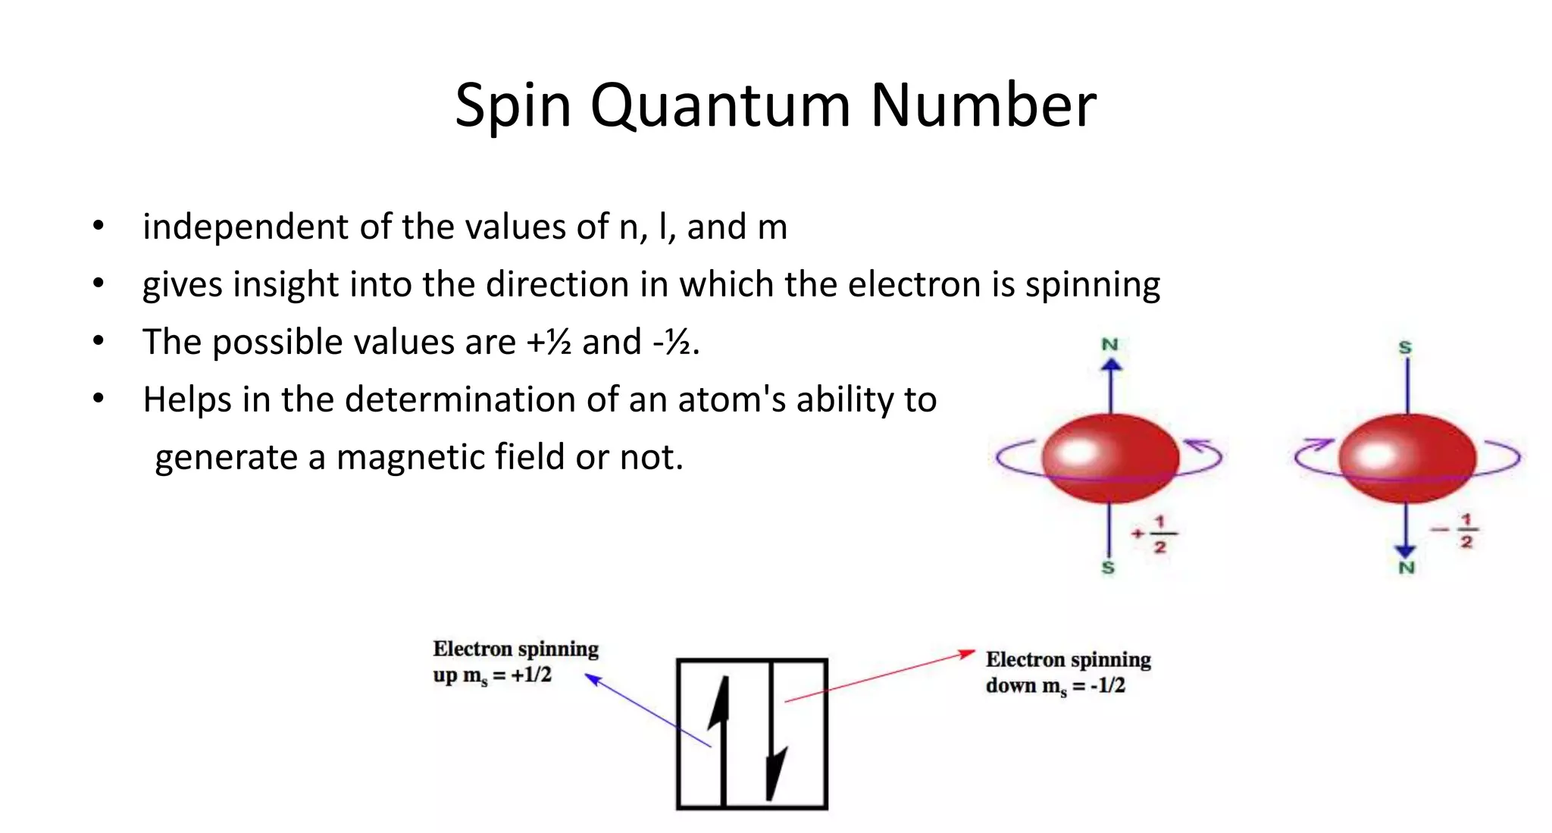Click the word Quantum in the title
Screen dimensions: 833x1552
click(x=720, y=106)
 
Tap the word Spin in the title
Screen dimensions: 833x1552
click(x=512, y=106)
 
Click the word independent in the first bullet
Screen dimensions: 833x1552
click(x=246, y=227)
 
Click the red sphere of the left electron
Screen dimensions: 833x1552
click(x=1110, y=458)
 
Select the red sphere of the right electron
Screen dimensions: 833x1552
click(x=1407, y=458)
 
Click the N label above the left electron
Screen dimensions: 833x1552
click(x=1110, y=345)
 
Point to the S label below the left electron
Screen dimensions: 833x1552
click(x=1108, y=568)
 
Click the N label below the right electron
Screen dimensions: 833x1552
click(x=1406, y=568)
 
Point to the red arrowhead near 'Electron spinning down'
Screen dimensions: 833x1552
click(x=968, y=653)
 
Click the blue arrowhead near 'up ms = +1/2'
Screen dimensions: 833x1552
click(x=593, y=678)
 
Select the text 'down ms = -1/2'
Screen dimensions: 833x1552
click(x=1055, y=686)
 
